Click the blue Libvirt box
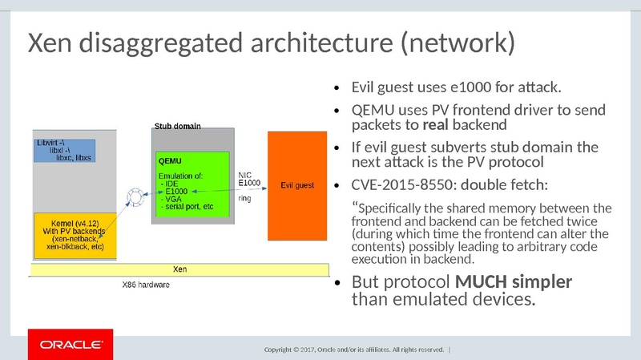tap(65, 151)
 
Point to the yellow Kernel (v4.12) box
tap(73, 233)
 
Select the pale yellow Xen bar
tap(180, 269)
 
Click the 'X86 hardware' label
tap(145, 285)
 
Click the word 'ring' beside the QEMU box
tap(247, 196)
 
